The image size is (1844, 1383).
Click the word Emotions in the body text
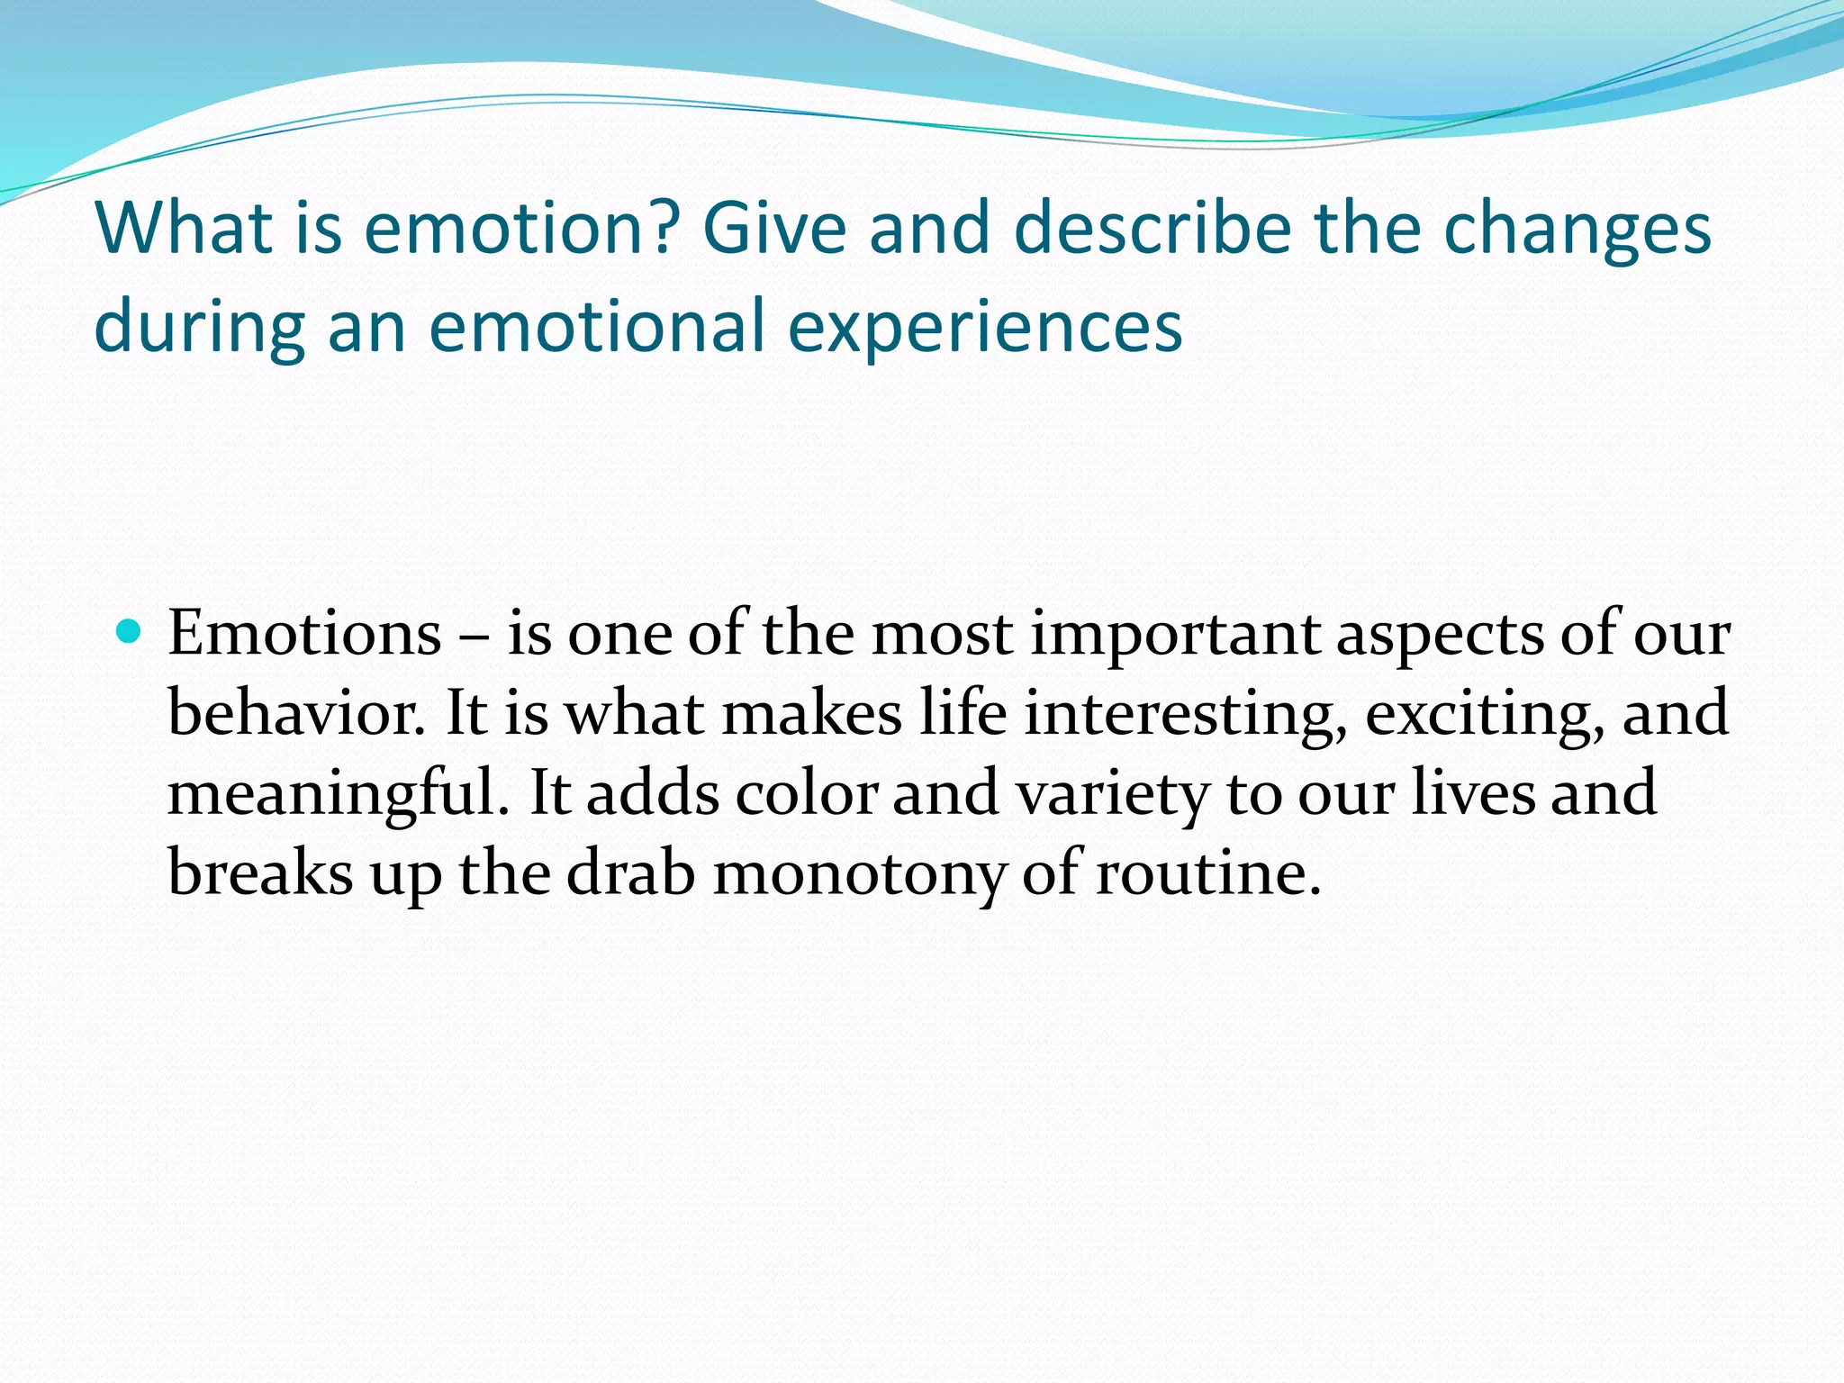pos(304,634)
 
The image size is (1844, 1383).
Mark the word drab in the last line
pos(630,873)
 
